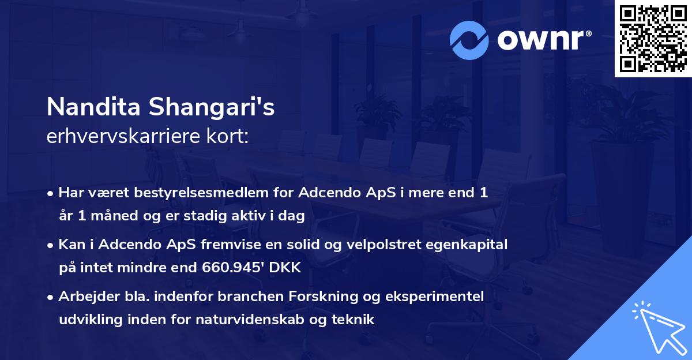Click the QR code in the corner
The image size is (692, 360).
coord(652,39)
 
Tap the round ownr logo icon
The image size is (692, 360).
coord(470,40)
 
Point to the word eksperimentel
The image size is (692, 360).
coord(439,297)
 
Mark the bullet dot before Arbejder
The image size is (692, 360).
coord(51,297)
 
